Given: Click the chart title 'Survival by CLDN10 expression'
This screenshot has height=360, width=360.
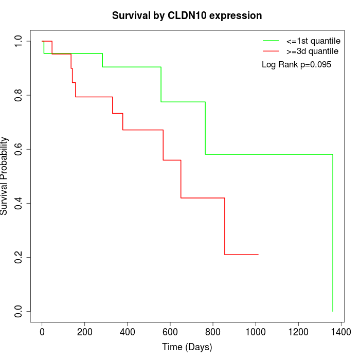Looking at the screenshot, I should (x=187, y=15).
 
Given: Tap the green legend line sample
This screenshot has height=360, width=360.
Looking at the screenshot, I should (x=271, y=40).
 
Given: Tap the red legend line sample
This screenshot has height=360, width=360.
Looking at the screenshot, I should (x=271, y=51).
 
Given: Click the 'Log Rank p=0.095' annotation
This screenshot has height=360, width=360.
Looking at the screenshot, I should (x=297, y=65).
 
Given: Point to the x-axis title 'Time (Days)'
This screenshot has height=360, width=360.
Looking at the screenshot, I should (x=187, y=347).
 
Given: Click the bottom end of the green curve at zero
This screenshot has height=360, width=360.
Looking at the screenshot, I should (x=333, y=311).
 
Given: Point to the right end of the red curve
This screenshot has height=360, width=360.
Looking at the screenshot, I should (x=258, y=255).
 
